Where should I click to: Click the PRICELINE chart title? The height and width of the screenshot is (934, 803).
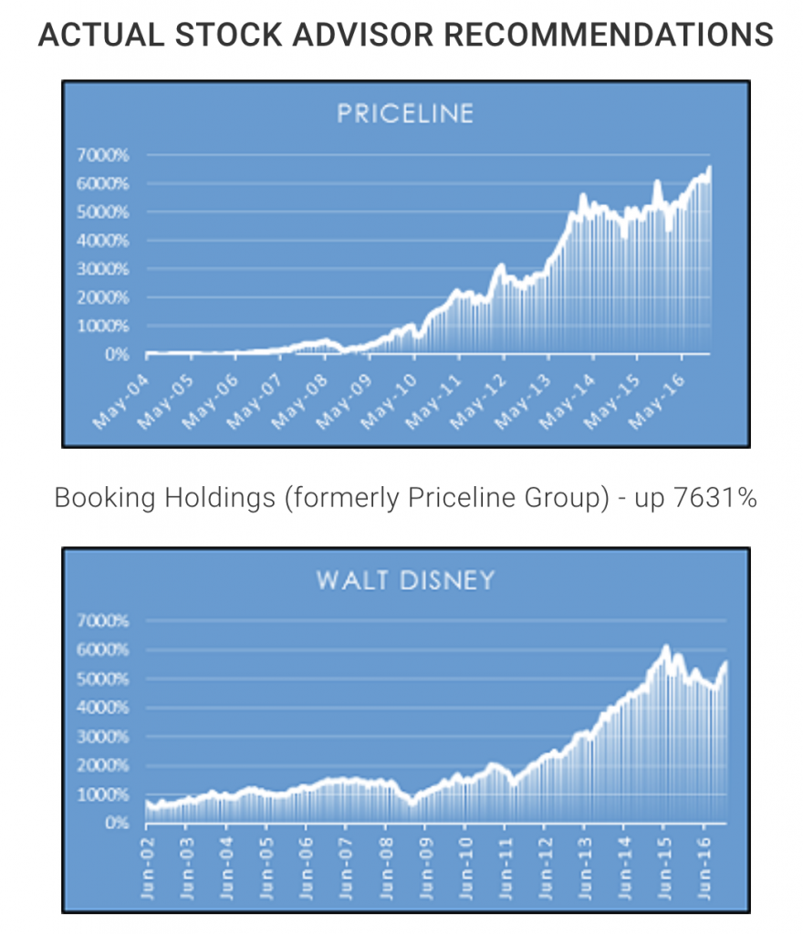pyautogui.click(x=405, y=114)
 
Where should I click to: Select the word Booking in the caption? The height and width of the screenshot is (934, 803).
pyautogui.click(x=93, y=499)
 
